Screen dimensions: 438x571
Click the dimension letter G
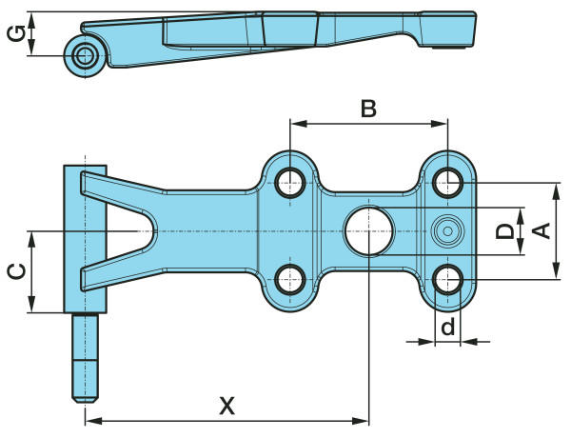coord(14,34)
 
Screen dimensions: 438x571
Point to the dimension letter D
coord(506,230)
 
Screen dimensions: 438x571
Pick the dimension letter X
coord(226,406)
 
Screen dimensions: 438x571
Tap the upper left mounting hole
coord(290,180)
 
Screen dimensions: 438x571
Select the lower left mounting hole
coord(290,280)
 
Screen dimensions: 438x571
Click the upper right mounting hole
coord(447,180)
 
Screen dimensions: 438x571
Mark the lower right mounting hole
coord(447,280)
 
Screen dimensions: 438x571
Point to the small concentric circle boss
coord(446,230)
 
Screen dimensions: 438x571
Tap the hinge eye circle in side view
coord(84,54)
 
